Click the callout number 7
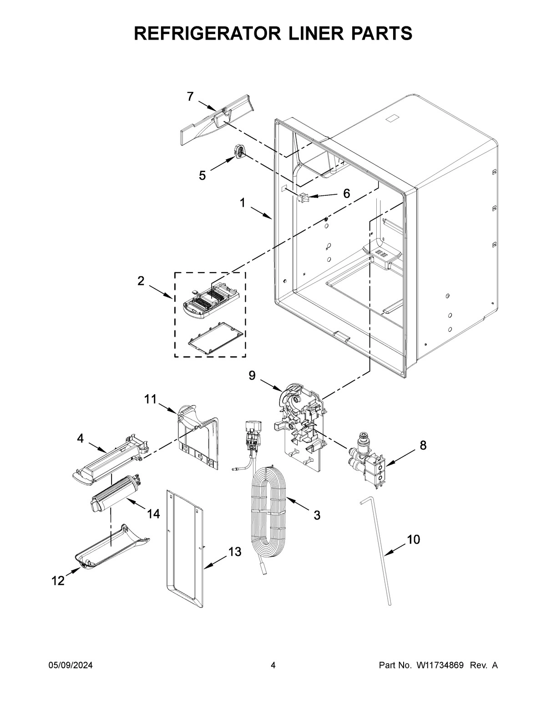point(190,96)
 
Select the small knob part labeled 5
point(240,152)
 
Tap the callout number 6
point(346,194)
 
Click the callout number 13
point(234,552)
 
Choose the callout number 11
point(150,399)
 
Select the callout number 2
point(141,281)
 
